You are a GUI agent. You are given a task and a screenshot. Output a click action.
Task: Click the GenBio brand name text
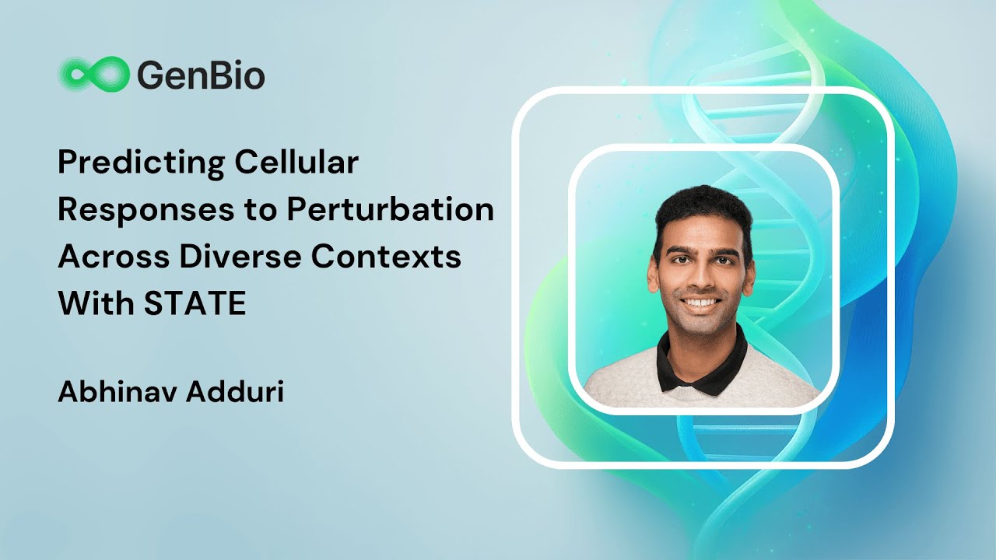pyautogui.click(x=201, y=76)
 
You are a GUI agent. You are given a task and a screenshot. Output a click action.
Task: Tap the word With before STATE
pyautogui.click(x=93, y=304)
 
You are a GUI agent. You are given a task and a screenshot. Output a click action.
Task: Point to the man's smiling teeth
pyautogui.click(x=702, y=303)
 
